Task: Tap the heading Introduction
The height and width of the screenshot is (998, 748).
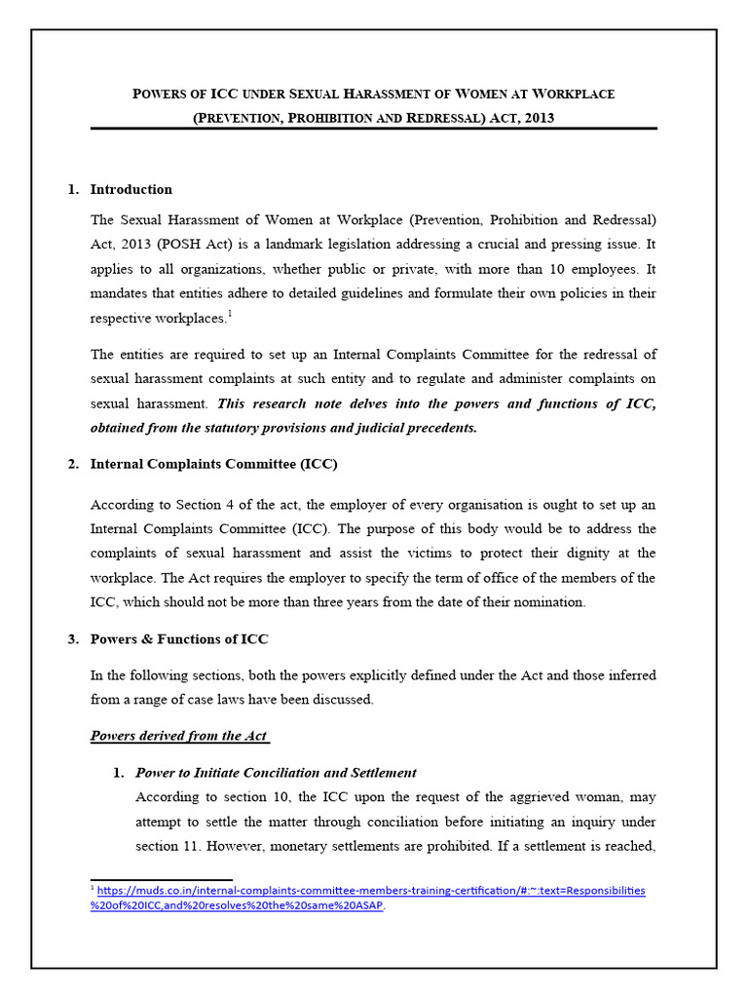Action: [131, 189]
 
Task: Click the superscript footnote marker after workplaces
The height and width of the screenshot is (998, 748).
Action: [229, 313]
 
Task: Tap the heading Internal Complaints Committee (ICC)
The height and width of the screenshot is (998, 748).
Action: [213, 464]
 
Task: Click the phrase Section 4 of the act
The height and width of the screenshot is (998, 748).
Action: [214, 504]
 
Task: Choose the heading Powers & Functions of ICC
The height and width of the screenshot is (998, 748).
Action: [179, 639]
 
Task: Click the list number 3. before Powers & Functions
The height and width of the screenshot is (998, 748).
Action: [73, 639]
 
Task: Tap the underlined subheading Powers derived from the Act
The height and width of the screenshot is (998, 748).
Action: [179, 735]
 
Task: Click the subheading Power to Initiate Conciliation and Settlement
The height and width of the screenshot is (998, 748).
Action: [276, 773]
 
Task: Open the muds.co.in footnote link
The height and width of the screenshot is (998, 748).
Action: [370, 891]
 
